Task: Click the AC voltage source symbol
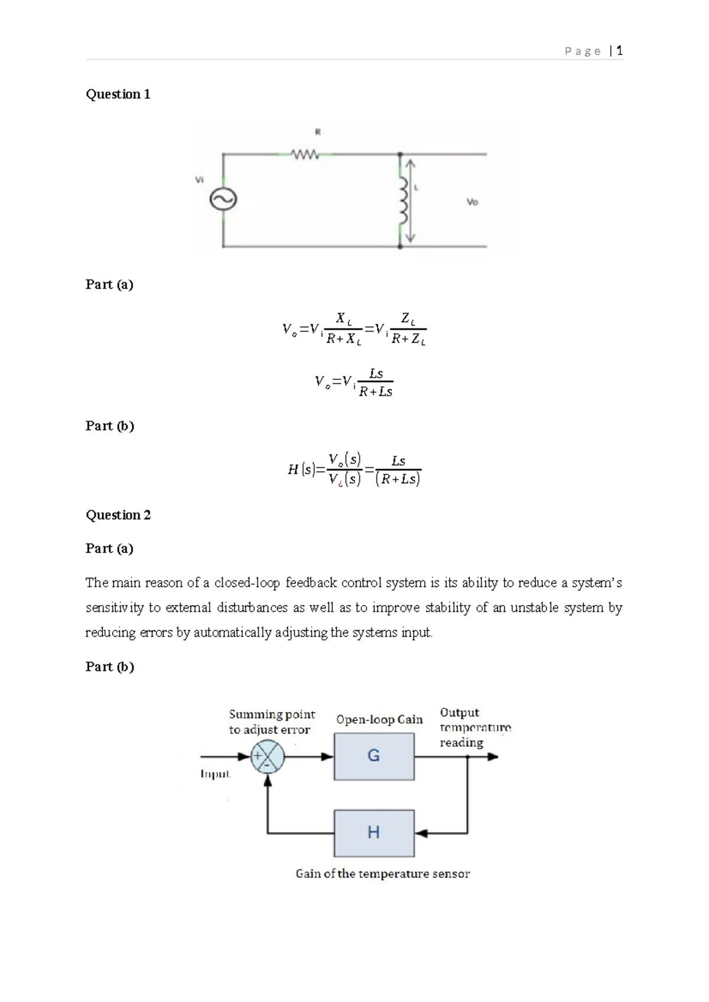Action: (223, 200)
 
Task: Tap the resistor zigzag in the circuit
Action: (305, 155)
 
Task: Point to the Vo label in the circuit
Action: (472, 202)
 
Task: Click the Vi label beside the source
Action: (200, 179)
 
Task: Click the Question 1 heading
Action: (118, 95)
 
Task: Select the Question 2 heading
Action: (118, 515)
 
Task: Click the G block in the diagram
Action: (374, 756)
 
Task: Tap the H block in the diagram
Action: (374, 833)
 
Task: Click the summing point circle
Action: (268, 757)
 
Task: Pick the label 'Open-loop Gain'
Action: (379, 720)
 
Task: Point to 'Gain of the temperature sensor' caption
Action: (383, 874)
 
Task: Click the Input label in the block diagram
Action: (215, 774)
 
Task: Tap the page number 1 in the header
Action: (619, 51)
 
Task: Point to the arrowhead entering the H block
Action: (421, 834)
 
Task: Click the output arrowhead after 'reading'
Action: (493, 757)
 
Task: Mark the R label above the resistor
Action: (317, 132)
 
